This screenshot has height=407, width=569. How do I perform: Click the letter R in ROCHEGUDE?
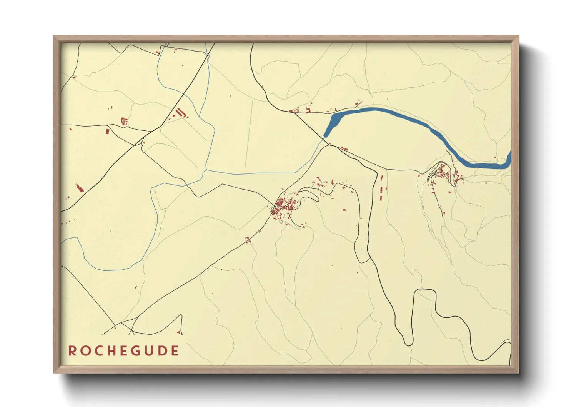point(72,351)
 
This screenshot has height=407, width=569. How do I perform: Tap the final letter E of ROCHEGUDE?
point(175,351)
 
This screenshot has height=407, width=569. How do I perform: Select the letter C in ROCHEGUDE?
point(97,351)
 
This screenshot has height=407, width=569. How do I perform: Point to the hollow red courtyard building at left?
point(124,122)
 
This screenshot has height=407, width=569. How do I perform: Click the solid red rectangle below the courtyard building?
point(108,132)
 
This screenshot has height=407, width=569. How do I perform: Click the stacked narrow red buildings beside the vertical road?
point(381,188)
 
